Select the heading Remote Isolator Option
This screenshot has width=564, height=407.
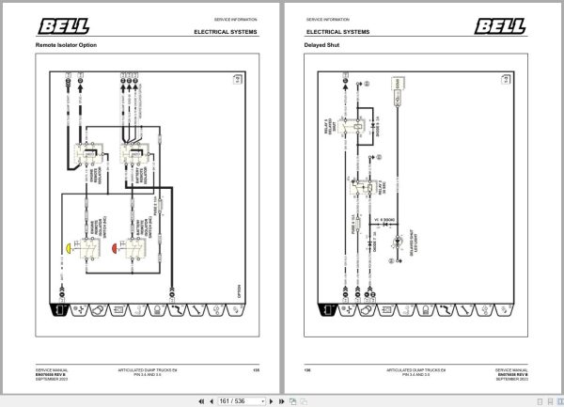[67, 45]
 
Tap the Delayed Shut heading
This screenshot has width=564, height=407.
[321, 45]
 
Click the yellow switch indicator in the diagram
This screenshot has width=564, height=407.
[71, 250]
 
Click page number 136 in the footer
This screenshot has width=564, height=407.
[308, 370]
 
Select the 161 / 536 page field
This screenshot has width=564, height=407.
[242, 400]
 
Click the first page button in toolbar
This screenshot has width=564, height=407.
[200, 400]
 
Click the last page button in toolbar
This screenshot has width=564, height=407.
[283, 400]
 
